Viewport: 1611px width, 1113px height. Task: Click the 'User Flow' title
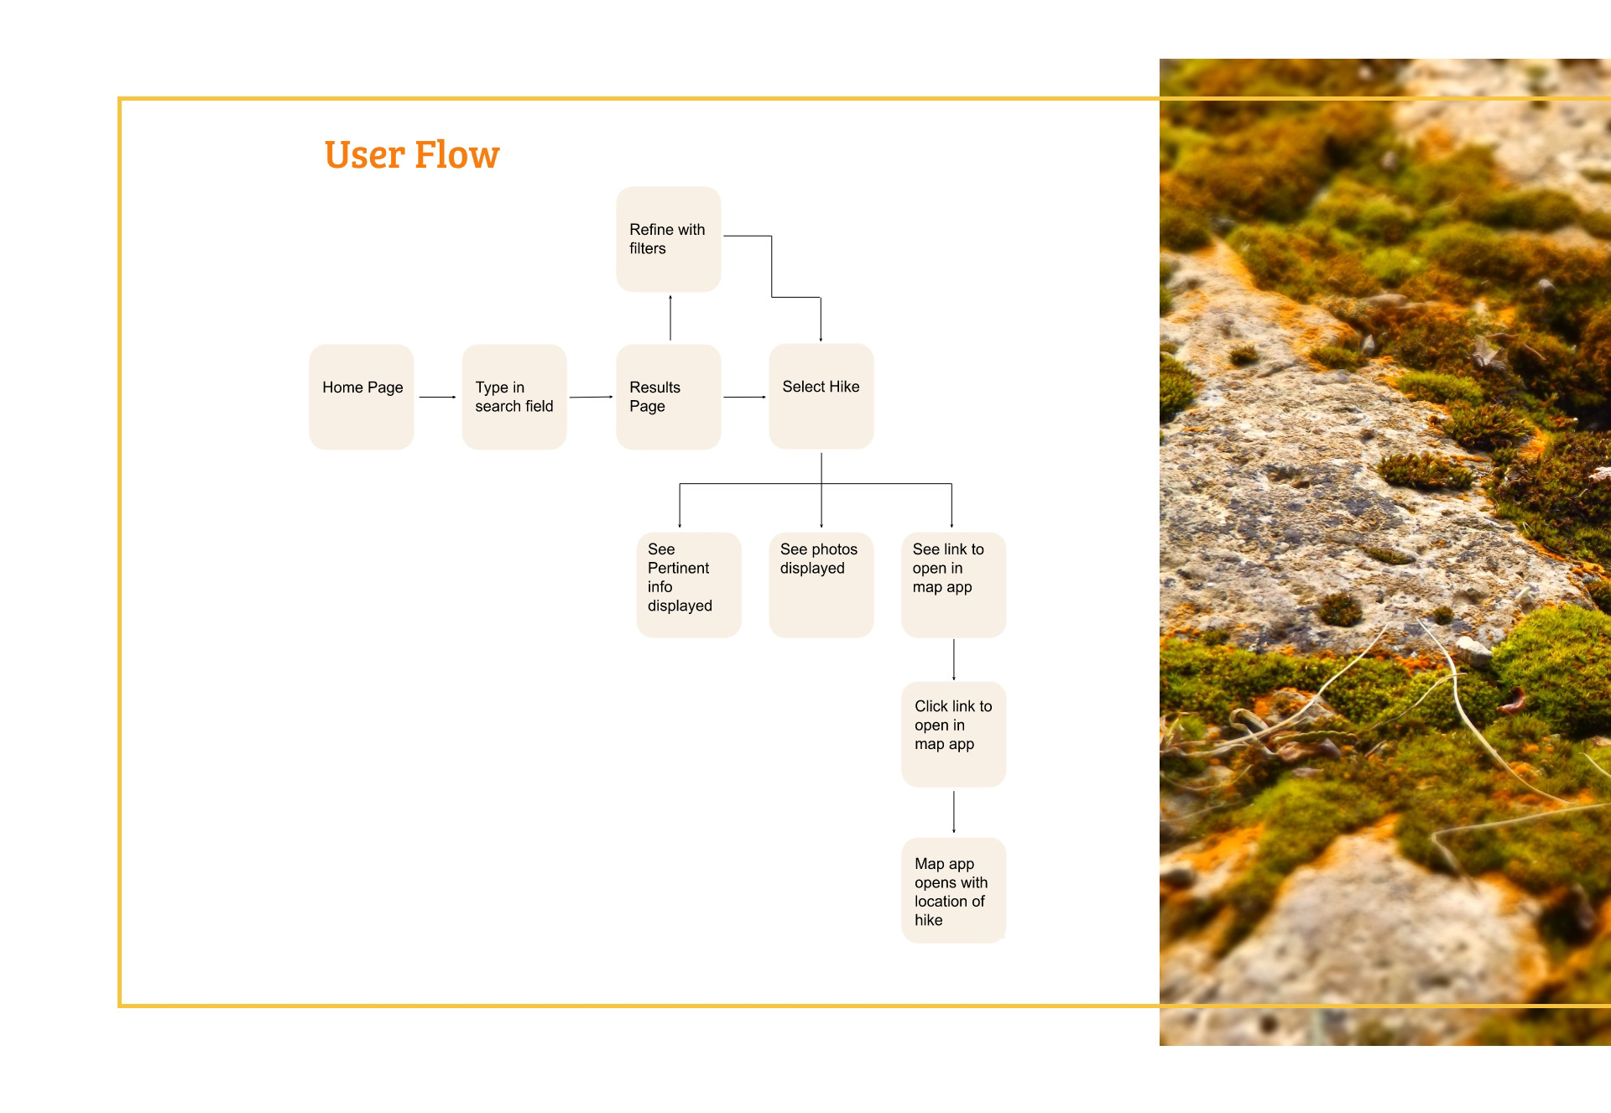coord(411,154)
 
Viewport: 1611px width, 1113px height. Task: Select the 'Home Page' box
coord(362,397)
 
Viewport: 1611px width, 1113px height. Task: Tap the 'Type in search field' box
coord(514,397)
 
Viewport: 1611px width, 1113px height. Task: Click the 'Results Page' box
coord(668,397)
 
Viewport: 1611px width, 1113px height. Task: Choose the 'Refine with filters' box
coord(668,239)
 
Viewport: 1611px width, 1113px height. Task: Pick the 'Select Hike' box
coord(821,396)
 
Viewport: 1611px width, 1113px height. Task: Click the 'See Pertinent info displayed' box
coord(689,585)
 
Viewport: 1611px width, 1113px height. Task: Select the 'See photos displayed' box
coord(821,585)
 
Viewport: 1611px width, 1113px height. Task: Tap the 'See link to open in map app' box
coord(953,585)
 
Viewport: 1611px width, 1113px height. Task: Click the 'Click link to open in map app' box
coord(953,734)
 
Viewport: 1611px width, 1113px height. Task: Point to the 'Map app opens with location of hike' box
coord(953,891)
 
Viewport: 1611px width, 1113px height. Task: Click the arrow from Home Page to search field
coord(437,397)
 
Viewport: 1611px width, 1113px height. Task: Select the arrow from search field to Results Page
coord(591,397)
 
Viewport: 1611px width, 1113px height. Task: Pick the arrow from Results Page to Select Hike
coord(744,397)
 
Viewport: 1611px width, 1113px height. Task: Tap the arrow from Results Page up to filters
coord(670,318)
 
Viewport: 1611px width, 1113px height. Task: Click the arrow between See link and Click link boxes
coord(954,659)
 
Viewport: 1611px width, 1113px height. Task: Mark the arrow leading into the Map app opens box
coord(954,812)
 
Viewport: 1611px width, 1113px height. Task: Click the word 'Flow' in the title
coord(456,154)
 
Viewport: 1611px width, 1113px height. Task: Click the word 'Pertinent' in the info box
coord(678,568)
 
